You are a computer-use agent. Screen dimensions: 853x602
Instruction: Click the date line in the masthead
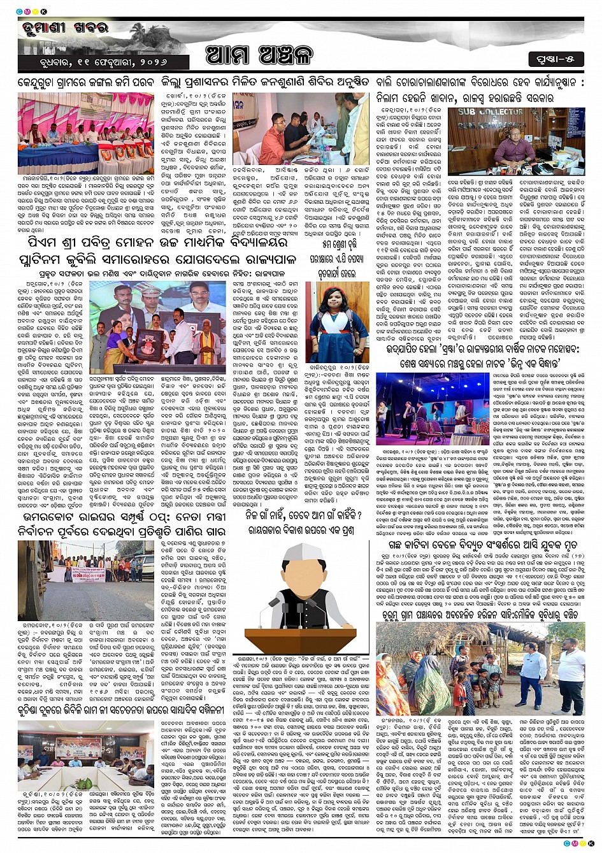tap(94, 62)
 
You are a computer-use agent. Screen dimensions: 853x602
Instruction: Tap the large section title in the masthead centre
tap(259, 56)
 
